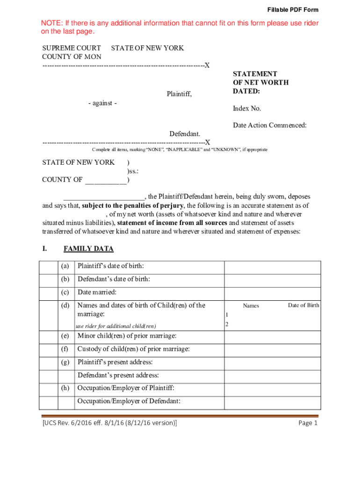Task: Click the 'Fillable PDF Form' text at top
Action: click(x=293, y=10)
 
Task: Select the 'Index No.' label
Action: click(x=247, y=109)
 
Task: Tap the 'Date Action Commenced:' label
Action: click(x=270, y=125)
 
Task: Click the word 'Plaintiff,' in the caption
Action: click(x=180, y=94)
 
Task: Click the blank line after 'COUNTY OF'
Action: click(x=106, y=180)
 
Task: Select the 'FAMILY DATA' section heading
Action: click(x=88, y=248)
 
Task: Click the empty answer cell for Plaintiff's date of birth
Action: click(x=272, y=267)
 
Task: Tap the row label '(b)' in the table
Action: click(x=65, y=279)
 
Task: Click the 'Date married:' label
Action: click(x=97, y=292)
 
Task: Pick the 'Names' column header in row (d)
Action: click(x=251, y=306)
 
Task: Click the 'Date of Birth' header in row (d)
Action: click(x=303, y=305)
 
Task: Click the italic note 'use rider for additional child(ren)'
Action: click(x=115, y=326)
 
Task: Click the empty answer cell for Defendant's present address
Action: click(x=272, y=375)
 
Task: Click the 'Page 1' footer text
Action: click(x=308, y=423)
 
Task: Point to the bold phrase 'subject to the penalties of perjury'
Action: click(x=133, y=205)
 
